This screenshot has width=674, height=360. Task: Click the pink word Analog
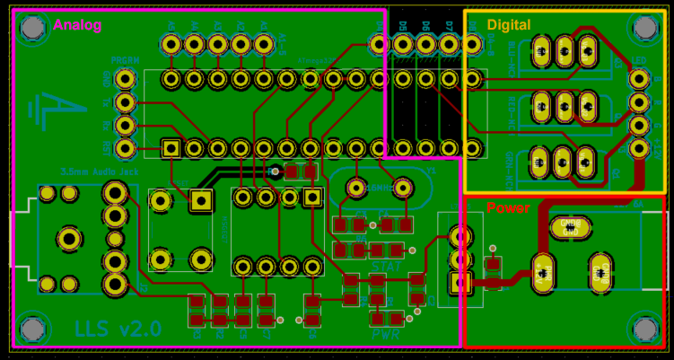coord(77,25)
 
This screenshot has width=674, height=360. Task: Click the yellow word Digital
coord(509,24)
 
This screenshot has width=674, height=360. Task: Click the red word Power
coord(508,207)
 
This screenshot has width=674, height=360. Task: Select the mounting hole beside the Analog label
coord(32,29)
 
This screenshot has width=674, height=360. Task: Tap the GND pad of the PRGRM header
coord(126,79)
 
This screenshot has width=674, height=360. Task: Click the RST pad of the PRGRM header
coord(126,102)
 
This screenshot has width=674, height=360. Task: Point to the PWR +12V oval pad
coord(542,271)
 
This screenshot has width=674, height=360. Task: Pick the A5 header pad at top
coord(171,43)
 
